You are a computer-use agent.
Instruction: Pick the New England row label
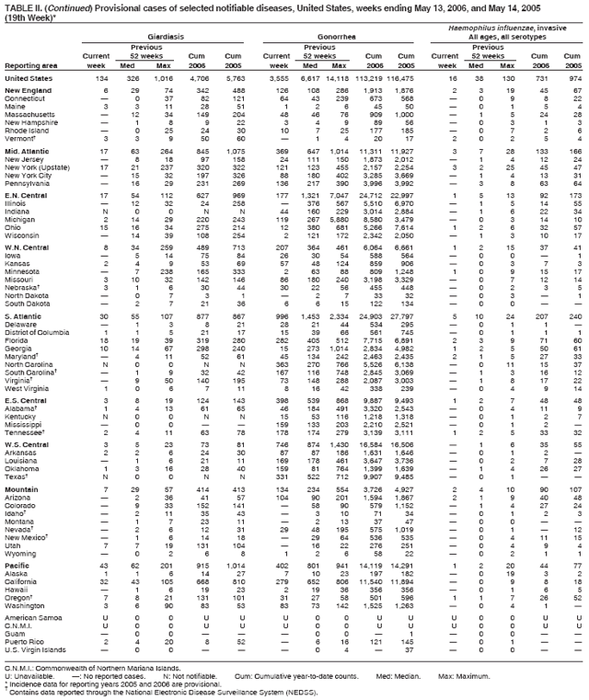click(29, 92)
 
